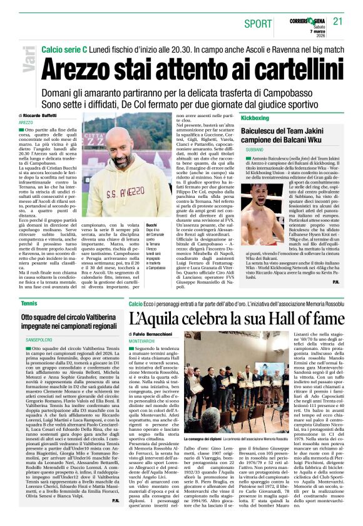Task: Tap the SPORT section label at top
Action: [x=258, y=24]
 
